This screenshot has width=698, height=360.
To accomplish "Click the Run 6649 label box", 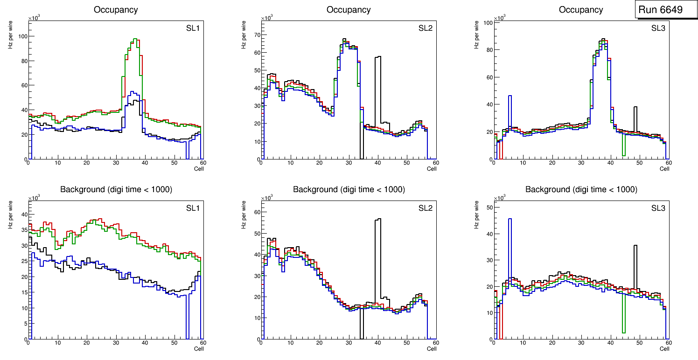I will [x=666, y=9].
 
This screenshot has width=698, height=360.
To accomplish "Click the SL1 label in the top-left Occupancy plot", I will [x=193, y=28].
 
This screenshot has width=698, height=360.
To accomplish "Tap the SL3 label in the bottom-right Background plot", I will [x=658, y=208].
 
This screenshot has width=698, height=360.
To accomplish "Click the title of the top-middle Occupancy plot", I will [x=349, y=9].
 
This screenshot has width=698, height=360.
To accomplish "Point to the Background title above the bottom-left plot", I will [x=116, y=189].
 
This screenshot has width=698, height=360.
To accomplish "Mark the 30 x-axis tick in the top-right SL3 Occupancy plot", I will [x=581, y=163].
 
